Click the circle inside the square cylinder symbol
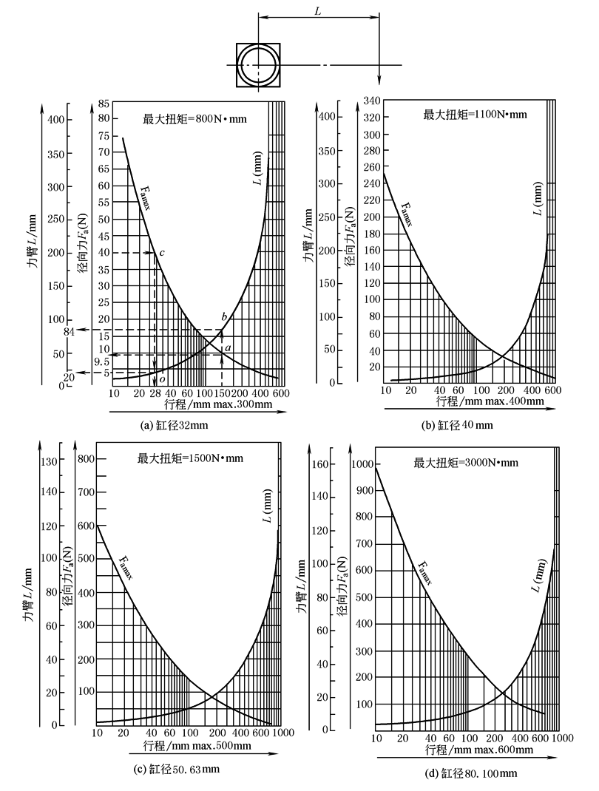pos(258,65)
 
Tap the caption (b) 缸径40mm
pos(458,424)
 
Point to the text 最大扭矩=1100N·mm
pos(473,114)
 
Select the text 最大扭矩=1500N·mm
pos(190,458)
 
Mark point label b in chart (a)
pos(224,317)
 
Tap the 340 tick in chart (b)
pos(370,101)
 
